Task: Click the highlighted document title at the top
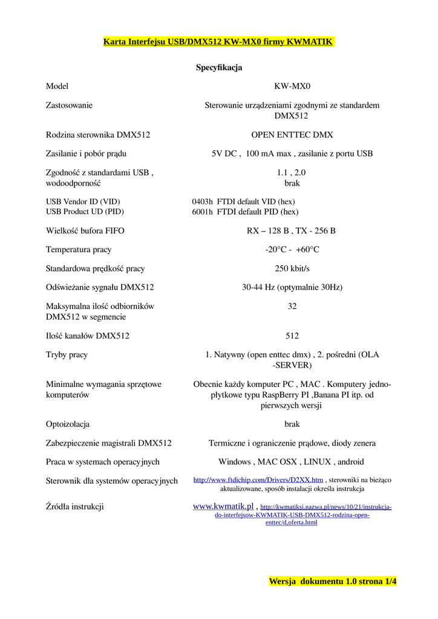pos(218,42)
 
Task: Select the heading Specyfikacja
pos(219,68)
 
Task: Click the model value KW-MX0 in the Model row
pos(292,86)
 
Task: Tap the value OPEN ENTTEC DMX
pos(292,135)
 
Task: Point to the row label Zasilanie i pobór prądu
pos(86,154)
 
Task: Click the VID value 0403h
pos(203,201)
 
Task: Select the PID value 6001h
pos(203,212)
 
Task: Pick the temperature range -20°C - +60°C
pos(292,250)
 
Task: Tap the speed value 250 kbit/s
pos(292,268)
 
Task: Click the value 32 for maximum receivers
pos(292,306)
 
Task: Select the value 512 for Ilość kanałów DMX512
pos(292,336)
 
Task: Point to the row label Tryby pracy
pos(67,355)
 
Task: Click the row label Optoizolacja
pos(68,424)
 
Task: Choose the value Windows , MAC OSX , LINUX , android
pos(292,462)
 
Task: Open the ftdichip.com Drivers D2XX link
pos(258,480)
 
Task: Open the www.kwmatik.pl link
pos(223,506)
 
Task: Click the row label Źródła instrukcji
pos(75,507)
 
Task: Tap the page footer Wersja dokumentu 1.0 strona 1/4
pos(333,582)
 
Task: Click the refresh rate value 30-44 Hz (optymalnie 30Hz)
pos(292,288)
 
